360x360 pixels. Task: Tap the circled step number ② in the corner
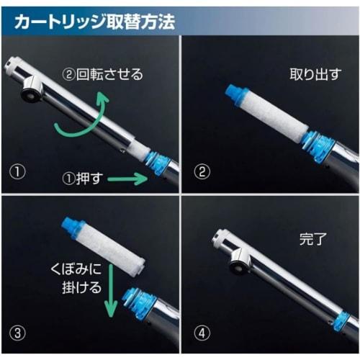tap(202, 174)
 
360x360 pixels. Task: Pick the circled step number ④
tap(202, 334)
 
